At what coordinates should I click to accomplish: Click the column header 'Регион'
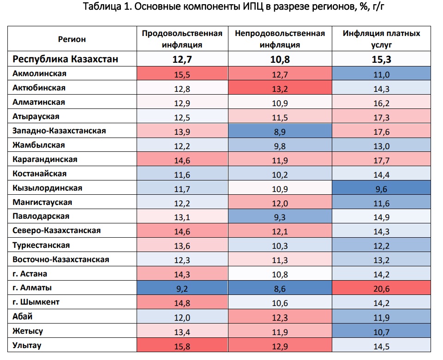click(72, 39)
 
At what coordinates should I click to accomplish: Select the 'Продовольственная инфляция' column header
click(182, 39)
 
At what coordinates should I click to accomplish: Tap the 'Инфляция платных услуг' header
click(381, 39)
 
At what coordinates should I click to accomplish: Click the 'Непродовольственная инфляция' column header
click(280, 39)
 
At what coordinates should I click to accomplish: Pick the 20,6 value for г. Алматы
click(381, 288)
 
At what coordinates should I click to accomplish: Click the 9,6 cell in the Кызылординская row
click(381, 188)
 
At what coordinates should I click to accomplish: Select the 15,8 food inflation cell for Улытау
click(182, 345)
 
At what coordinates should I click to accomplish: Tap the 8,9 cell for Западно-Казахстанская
click(280, 131)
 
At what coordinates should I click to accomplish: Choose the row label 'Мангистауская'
click(42, 202)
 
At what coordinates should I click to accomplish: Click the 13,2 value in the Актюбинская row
click(280, 88)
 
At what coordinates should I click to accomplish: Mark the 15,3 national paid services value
click(381, 59)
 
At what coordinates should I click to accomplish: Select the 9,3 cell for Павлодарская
click(280, 216)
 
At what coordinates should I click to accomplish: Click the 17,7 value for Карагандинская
click(381, 159)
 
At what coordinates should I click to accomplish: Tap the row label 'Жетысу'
click(28, 331)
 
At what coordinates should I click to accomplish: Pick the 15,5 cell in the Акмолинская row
click(182, 73)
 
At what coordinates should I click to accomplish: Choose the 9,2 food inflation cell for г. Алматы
click(182, 288)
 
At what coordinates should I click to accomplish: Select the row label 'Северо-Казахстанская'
click(57, 231)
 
